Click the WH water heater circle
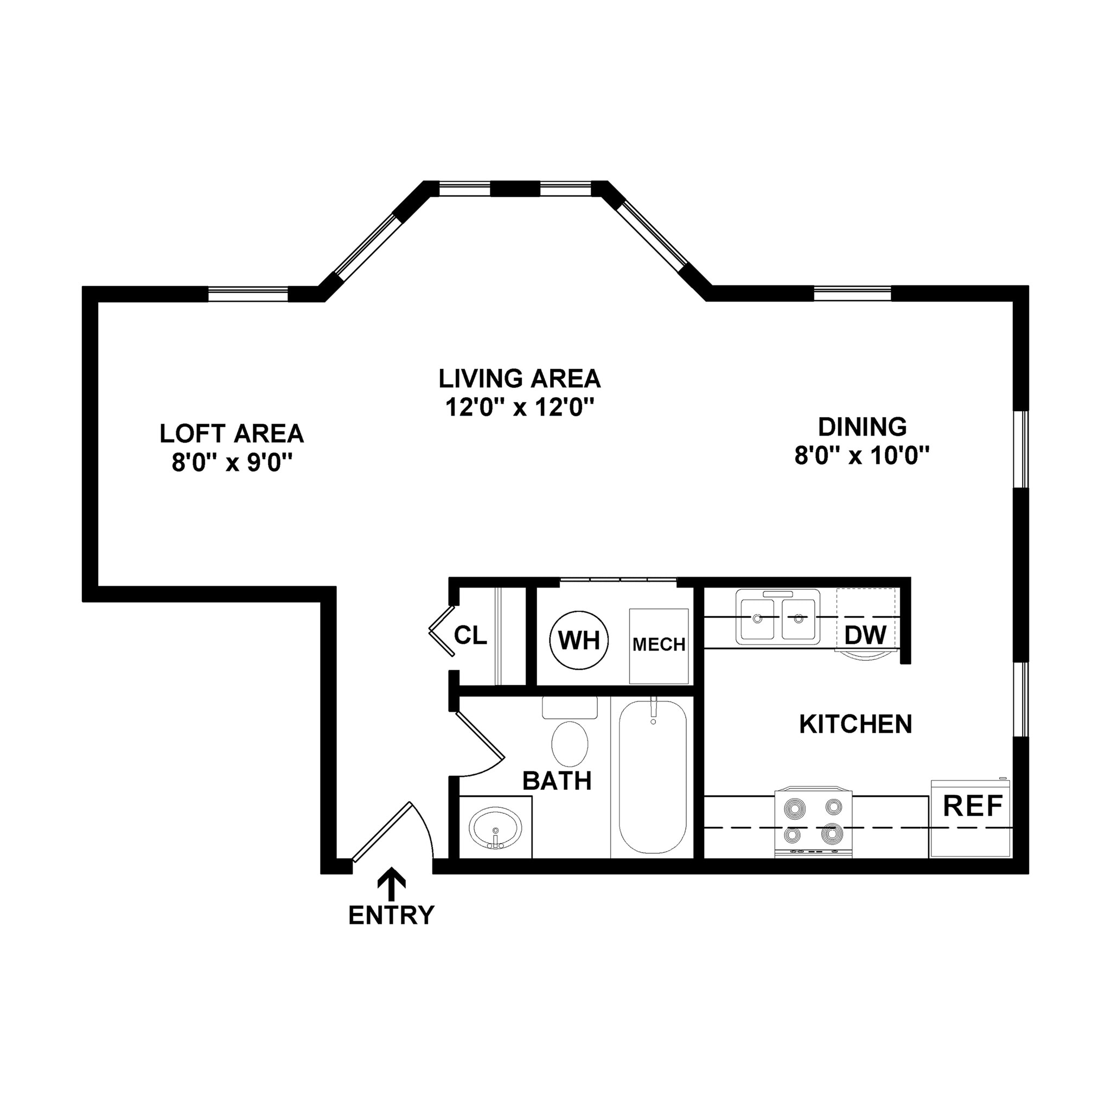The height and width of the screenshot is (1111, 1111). pyautogui.click(x=579, y=640)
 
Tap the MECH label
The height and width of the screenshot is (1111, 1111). pyautogui.click(x=659, y=644)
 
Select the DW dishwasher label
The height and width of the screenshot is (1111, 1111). pyautogui.click(x=865, y=635)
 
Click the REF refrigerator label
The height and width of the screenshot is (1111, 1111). pyautogui.click(x=973, y=806)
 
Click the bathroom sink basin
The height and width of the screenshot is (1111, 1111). pyautogui.click(x=495, y=828)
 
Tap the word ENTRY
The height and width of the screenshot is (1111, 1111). pyautogui.click(x=392, y=915)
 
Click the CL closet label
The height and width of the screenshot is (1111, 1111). pyautogui.click(x=470, y=635)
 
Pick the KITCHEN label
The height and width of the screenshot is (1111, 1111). pyautogui.click(x=855, y=724)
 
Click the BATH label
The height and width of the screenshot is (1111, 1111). pyautogui.click(x=557, y=781)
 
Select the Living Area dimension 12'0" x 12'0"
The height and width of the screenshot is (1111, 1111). pyautogui.click(x=519, y=408)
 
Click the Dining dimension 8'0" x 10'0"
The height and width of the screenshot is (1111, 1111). pyautogui.click(x=862, y=456)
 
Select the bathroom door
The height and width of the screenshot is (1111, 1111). pyautogui.click(x=480, y=736)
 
